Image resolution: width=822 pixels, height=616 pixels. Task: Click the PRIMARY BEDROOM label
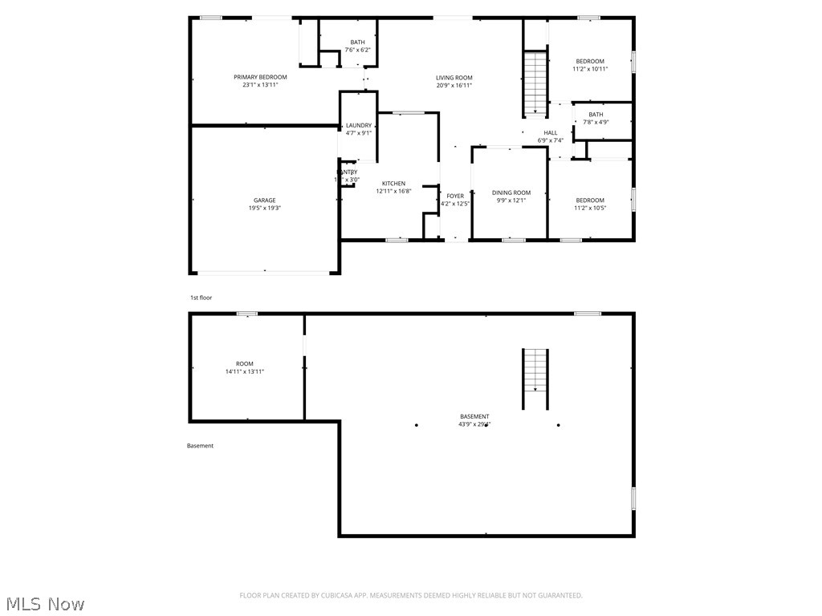coord(260,77)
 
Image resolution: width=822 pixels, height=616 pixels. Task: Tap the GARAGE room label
coord(265,201)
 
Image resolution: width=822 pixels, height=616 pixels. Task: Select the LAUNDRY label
coord(359,125)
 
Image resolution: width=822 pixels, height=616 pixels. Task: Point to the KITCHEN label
coord(393,184)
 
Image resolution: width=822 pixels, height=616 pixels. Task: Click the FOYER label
coord(455,196)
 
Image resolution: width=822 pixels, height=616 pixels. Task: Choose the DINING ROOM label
coord(511,192)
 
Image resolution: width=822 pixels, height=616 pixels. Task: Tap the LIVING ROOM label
coord(454,78)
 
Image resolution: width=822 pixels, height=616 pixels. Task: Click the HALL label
coord(550,133)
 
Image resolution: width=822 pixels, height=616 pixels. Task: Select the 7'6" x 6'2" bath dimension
coord(358,50)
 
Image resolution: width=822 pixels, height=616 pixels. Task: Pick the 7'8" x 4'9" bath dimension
coord(596,122)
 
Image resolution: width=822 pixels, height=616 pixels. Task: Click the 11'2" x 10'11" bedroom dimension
coord(590,69)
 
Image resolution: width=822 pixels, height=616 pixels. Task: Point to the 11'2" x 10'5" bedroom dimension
coord(590,208)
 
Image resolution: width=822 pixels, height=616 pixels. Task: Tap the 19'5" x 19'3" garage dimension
coord(265,208)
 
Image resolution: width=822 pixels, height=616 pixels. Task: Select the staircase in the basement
coord(535,370)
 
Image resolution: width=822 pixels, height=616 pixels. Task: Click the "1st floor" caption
coord(201,298)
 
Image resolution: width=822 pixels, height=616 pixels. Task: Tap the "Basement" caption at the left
coord(201,446)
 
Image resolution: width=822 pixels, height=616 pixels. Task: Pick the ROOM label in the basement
coord(245,364)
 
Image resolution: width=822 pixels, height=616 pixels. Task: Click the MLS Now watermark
coord(45,603)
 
